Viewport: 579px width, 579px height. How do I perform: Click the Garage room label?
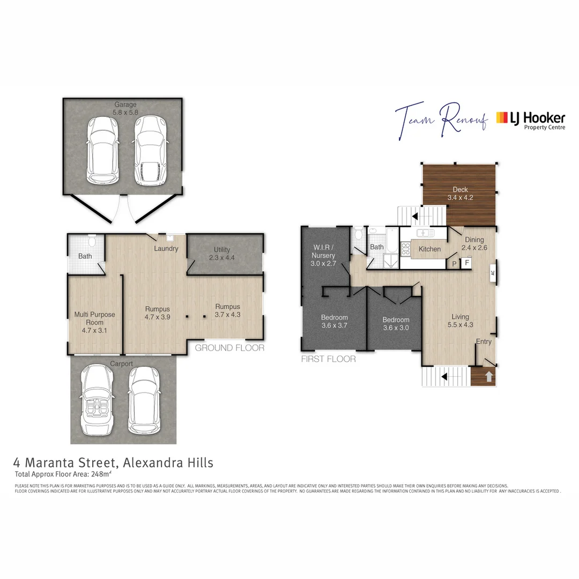coord(124,109)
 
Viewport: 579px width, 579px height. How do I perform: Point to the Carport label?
coord(121,364)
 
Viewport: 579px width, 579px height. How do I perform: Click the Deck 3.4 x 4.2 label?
coord(460,194)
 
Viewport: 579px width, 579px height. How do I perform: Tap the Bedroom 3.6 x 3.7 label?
coord(335,321)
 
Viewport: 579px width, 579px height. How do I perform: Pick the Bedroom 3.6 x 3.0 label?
coord(396,323)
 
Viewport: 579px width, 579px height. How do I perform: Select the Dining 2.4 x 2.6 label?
coord(474,244)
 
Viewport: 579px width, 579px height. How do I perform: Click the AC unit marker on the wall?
coord(492,272)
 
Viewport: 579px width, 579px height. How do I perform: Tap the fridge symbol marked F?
coord(466,263)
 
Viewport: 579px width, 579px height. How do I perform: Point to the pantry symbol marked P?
coord(455,264)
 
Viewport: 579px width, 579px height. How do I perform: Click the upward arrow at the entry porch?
coord(488,377)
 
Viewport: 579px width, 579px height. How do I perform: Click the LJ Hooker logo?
coord(530,121)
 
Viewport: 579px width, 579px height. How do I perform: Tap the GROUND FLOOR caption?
coord(229,348)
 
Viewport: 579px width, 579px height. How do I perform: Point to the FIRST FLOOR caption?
coord(329,359)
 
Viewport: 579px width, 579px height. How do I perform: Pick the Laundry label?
coord(166,249)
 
